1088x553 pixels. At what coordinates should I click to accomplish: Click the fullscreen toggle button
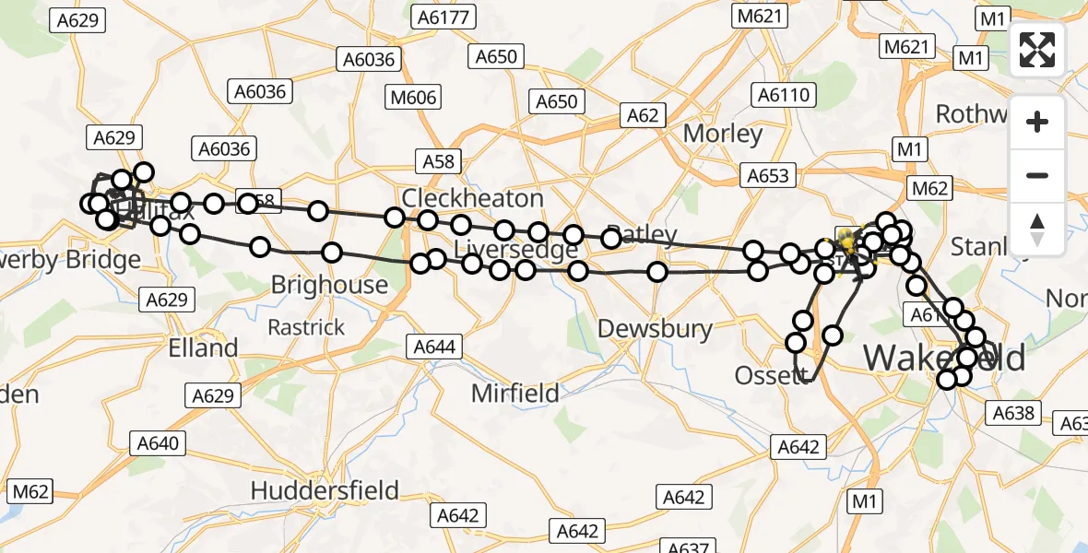tap(1037, 50)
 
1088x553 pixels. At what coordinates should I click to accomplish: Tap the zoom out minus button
tap(1037, 175)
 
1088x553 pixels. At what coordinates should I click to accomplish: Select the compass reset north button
tap(1037, 229)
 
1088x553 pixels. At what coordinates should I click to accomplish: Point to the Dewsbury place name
tap(655, 329)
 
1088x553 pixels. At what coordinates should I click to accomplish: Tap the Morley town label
tap(723, 134)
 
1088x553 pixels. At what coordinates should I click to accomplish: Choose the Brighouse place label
tap(329, 285)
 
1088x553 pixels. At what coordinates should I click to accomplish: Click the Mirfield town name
tap(514, 394)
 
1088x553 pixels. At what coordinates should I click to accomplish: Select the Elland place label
tap(203, 348)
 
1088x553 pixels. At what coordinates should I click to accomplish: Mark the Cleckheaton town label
tap(473, 198)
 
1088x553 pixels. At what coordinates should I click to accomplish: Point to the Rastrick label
tap(306, 327)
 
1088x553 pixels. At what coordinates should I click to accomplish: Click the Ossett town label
tap(766, 376)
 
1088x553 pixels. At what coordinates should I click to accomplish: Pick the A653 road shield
tap(768, 175)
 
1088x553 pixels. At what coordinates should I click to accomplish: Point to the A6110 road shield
tap(784, 94)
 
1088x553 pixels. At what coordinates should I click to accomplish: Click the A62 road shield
tap(643, 115)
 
